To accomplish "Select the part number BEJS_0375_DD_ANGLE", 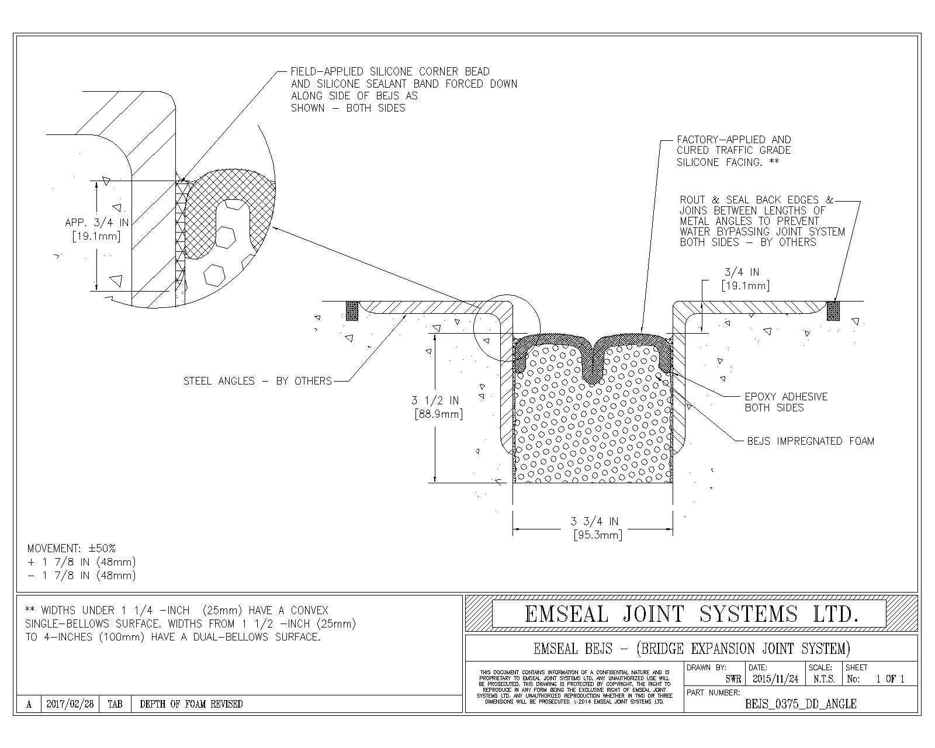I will pyautogui.click(x=801, y=704).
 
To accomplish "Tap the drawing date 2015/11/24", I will pyautogui.click(x=775, y=679).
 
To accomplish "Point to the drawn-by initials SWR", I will pyautogui.click(x=733, y=679).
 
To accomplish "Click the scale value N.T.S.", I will pyautogui.click(x=823, y=679).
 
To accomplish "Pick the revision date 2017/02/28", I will pyautogui.click(x=70, y=704).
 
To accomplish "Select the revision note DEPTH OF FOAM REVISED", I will pyautogui.click(x=191, y=704).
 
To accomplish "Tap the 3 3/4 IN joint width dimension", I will pyautogui.click(x=594, y=521).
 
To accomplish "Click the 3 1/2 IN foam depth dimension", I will pyautogui.click(x=435, y=401).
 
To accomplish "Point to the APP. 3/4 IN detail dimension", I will pyautogui.click(x=96, y=223).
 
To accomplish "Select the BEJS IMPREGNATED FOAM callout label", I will pyautogui.click(x=811, y=441).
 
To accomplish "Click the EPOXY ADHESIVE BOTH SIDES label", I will pyautogui.click(x=786, y=402).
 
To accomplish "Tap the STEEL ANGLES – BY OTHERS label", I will pyautogui.click(x=257, y=381).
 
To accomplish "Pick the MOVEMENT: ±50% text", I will pyautogui.click(x=71, y=548).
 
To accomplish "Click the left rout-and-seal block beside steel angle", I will pyautogui.click(x=352, y=310).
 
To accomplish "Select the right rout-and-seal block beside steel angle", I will pyautogui.click(x=833, y=310).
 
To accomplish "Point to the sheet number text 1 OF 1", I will pyautogui.click(x=890, y=679).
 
